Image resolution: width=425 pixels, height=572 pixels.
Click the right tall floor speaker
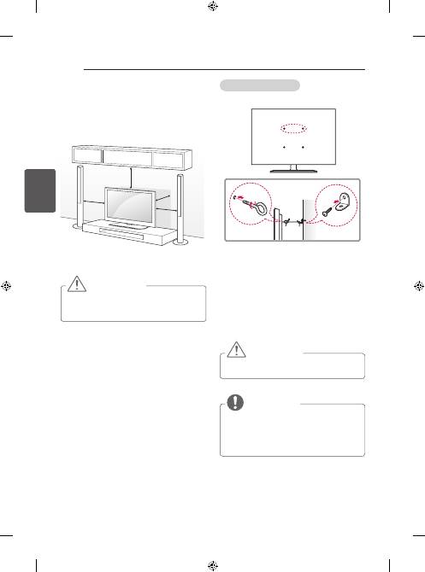(x=180, y=205)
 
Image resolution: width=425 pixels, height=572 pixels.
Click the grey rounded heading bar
(x=259, y=85)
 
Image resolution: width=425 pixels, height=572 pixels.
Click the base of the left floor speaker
(x=78, y=226)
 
